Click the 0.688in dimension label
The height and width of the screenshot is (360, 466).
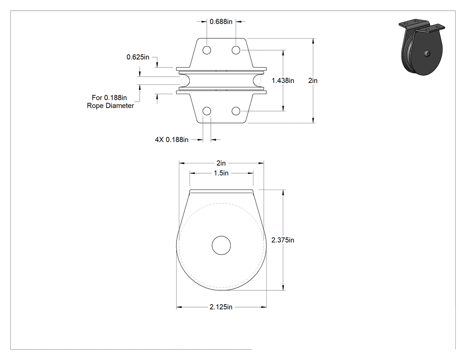[x=221, y=22]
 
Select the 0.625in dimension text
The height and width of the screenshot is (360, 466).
[x=138, y=57]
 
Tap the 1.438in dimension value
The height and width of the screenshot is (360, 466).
[x=283, y=80]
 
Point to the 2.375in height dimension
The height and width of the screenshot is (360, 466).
[x=283, y=240]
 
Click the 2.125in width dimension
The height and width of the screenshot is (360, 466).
[x=221, y=307]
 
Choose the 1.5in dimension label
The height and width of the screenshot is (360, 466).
[x=221, y=173]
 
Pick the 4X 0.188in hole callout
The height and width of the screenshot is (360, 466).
[x=172, y=140]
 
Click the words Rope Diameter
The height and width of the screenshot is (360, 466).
[x=110, y=106]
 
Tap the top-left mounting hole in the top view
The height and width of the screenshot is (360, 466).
[x=207, y=50]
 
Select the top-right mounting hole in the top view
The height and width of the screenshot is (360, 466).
[x=236, y=50]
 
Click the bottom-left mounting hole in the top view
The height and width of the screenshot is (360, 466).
[x=207, y=111]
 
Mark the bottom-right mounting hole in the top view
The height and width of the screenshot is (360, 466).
[x=236, y=111]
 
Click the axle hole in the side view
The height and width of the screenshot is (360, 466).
[x=221, y=245]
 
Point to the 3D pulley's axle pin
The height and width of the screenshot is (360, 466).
[x=427, y=53]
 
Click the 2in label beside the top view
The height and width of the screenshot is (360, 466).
[x=313, y=80]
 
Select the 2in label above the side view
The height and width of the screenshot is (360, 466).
[x=221, y=163]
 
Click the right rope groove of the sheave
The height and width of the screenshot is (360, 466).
[x=257, y=80]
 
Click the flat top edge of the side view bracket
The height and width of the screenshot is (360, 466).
[x=221, y=190]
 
